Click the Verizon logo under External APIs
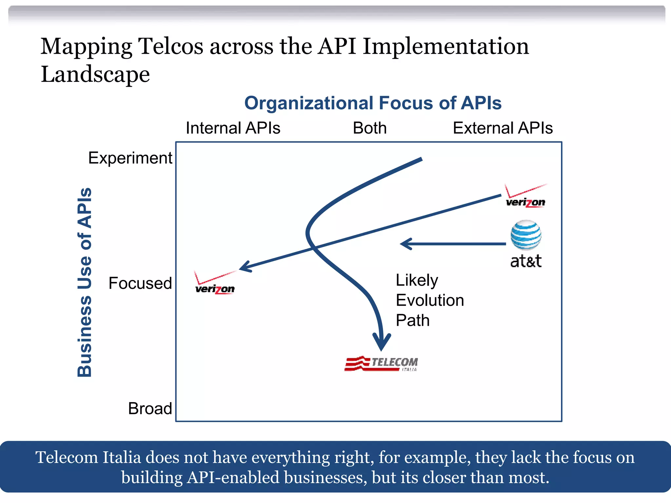click(526, 196)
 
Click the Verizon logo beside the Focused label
click(215, 283)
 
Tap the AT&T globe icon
click(526, 235)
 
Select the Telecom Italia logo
click(381, 363)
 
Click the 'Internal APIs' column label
click(233, 128)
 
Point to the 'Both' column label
click(370, 128)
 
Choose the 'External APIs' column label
click(503, 128)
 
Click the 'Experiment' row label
click(130, 158)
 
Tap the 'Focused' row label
click(140, 283)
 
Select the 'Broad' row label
click(150, 409)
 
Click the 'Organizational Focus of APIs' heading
click(373, 103)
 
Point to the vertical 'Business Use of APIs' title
click(85, 282)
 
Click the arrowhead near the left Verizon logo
click(245, 267)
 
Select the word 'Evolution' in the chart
click(430, 300)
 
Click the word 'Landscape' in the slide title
click(95, 74)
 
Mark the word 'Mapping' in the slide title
click(86, 47)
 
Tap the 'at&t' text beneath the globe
click(526, 261)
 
